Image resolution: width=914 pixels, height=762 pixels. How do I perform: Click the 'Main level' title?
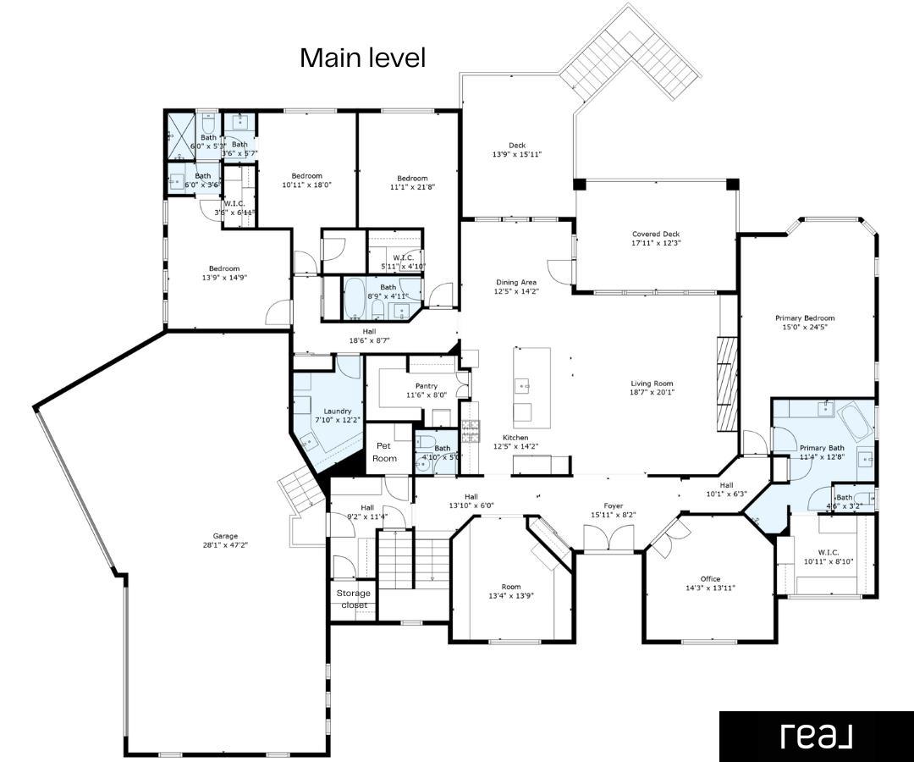click(x=362, y=58)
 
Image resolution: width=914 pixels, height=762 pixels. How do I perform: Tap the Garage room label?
click(x=225, y=536)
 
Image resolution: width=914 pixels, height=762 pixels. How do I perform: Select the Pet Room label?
click(x=385, y=451)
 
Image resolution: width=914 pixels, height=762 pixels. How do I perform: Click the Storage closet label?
click(x=354, y=599)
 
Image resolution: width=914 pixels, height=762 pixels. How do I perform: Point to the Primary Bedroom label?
click(x=805, y=318)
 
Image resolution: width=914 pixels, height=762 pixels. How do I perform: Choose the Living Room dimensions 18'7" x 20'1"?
click(x=651, y=393)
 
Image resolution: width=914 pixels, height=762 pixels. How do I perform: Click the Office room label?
click(x=710, y=579)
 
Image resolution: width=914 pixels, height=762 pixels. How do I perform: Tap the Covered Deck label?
click(x=656, y=235)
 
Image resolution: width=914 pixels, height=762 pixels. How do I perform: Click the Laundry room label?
click(x=337, y=411)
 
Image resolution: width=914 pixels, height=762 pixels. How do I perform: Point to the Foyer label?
click(x=613, y=505)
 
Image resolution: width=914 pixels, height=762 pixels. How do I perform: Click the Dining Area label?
click(x=516, y=282)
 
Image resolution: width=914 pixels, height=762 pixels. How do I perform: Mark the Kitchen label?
click(x=515, y=438)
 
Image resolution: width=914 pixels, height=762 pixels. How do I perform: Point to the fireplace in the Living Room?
click(x=727, y=383)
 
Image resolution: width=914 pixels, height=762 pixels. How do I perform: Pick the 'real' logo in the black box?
click(x=816, y=736)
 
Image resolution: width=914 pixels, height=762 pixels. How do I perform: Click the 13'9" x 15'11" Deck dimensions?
click(x=516, y=155)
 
